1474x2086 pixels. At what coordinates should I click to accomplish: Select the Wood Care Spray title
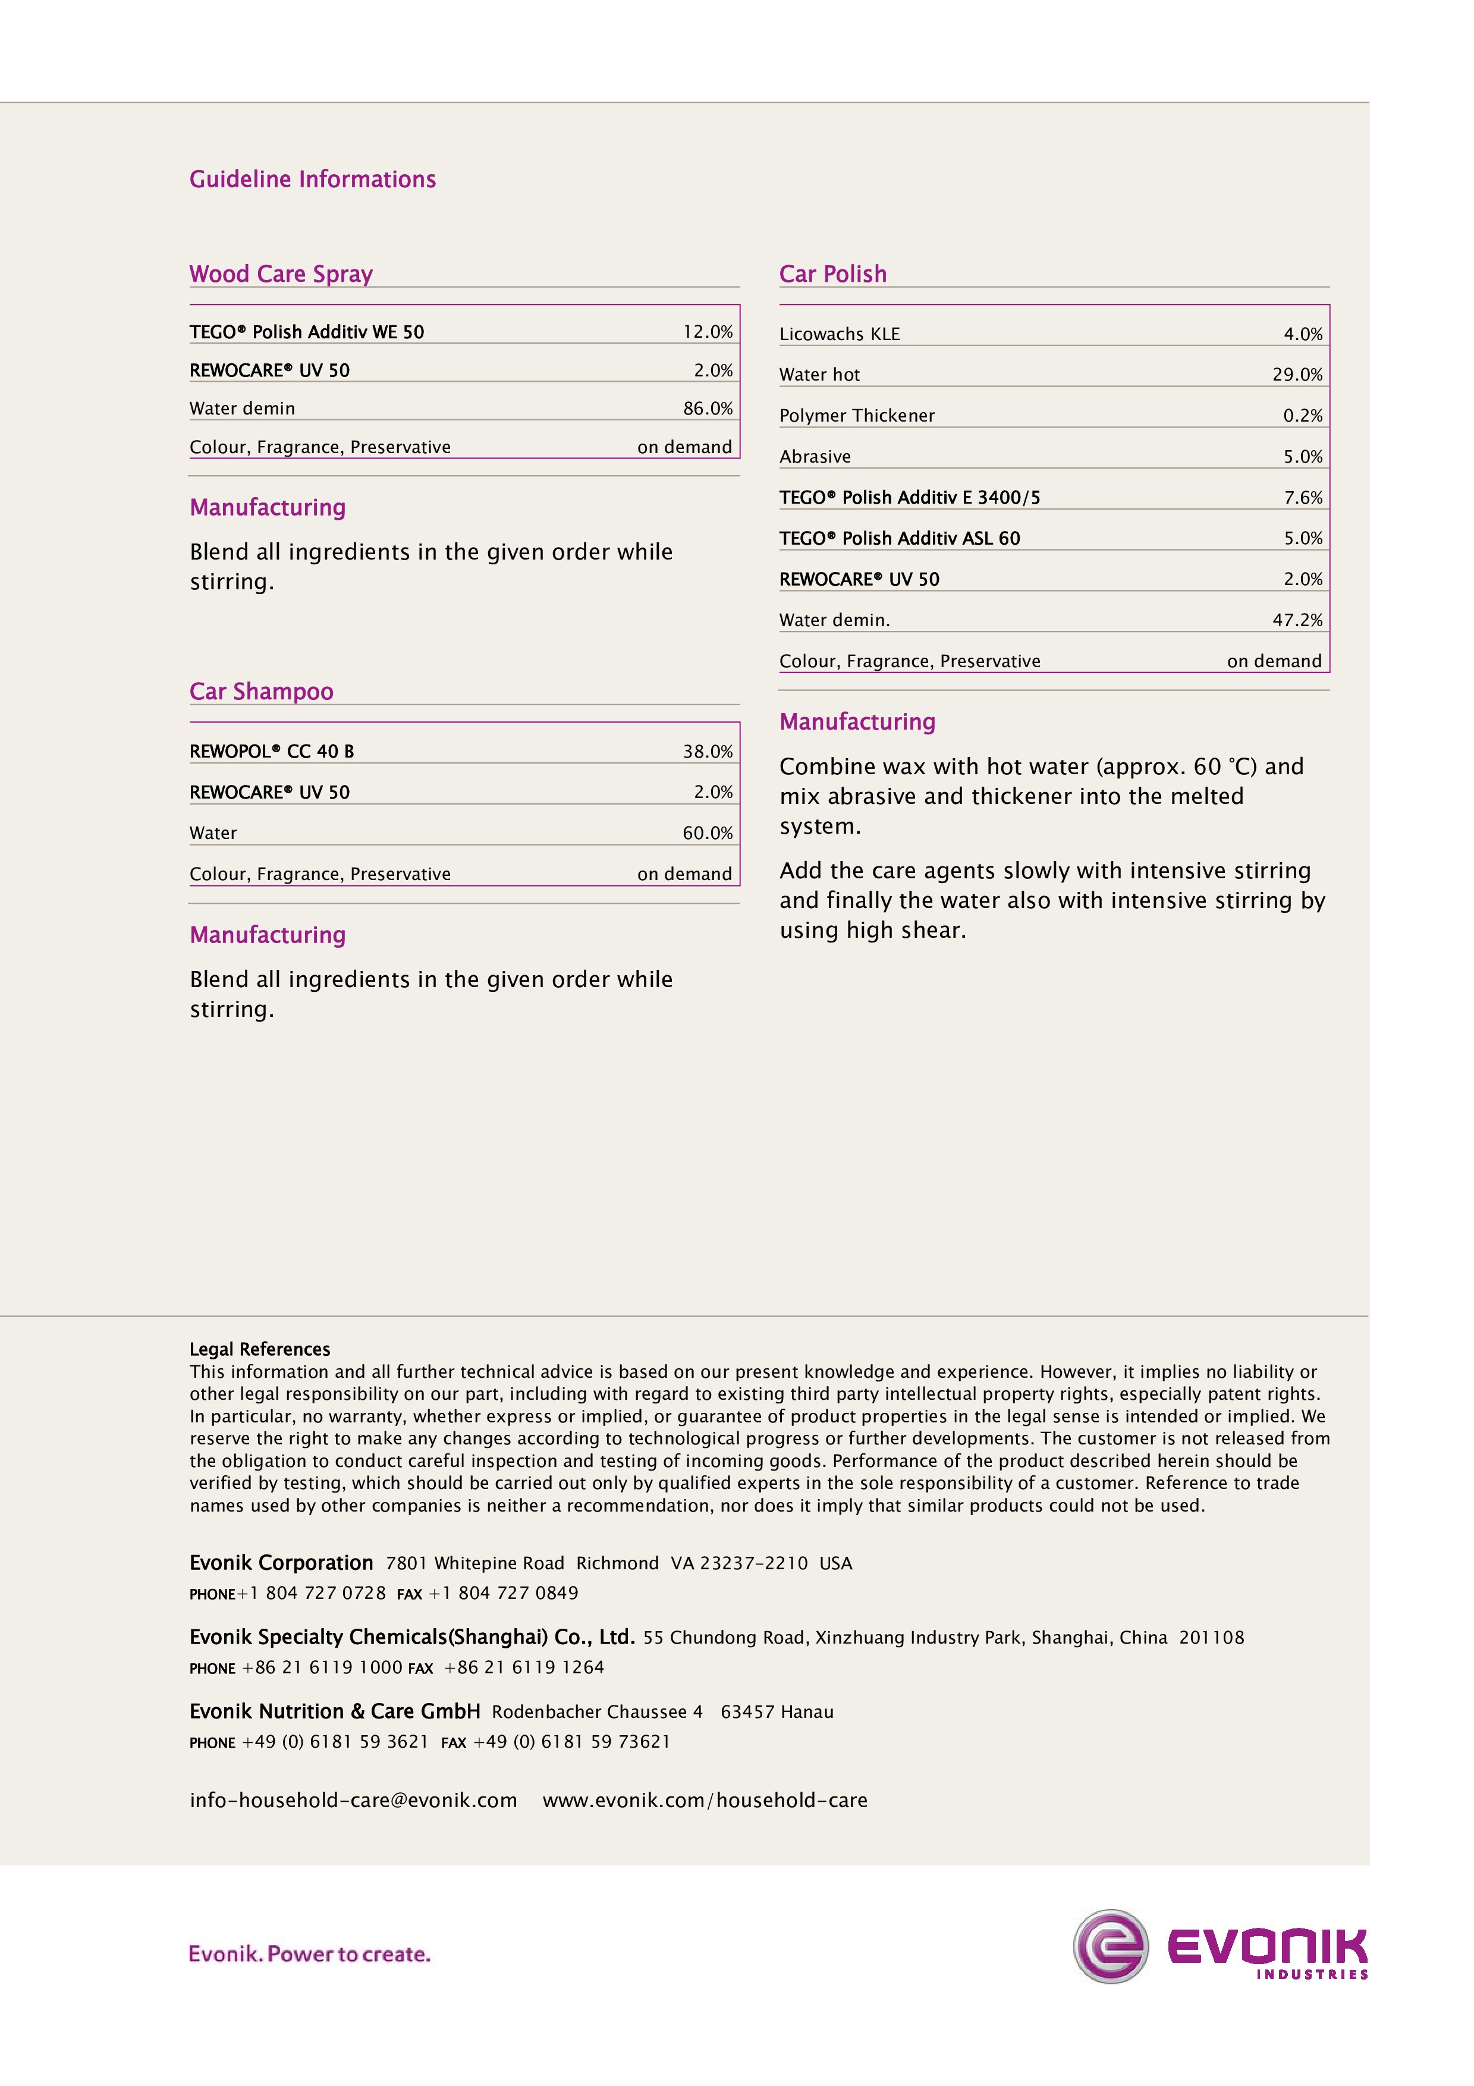pyautogui.click(x=281, y=274)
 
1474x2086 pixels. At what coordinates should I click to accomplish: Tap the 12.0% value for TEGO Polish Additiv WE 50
pyautogui.click(x=708, y=332)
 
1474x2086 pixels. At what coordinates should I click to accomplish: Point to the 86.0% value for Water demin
pyautogui.click(x=708, y=409)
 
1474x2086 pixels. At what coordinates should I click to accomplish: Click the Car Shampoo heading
pyautogui.click(x=262, y=692)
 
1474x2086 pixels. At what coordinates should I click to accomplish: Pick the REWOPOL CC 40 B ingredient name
pyautogui.click(x=272, y=752)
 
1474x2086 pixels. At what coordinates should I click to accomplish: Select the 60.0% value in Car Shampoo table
pyautogui.click(x=708, y=833)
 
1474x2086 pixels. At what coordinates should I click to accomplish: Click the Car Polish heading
pyautogui.click(x=833, y=274)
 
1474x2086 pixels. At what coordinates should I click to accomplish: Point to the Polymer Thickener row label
pyautogui.click(x=856, y=416)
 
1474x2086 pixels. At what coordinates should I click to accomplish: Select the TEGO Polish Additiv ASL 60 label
pyautogui.click(x=899, y=539)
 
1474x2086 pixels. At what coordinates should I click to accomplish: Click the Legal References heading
pyautogui.click(x=260, y=1349)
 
